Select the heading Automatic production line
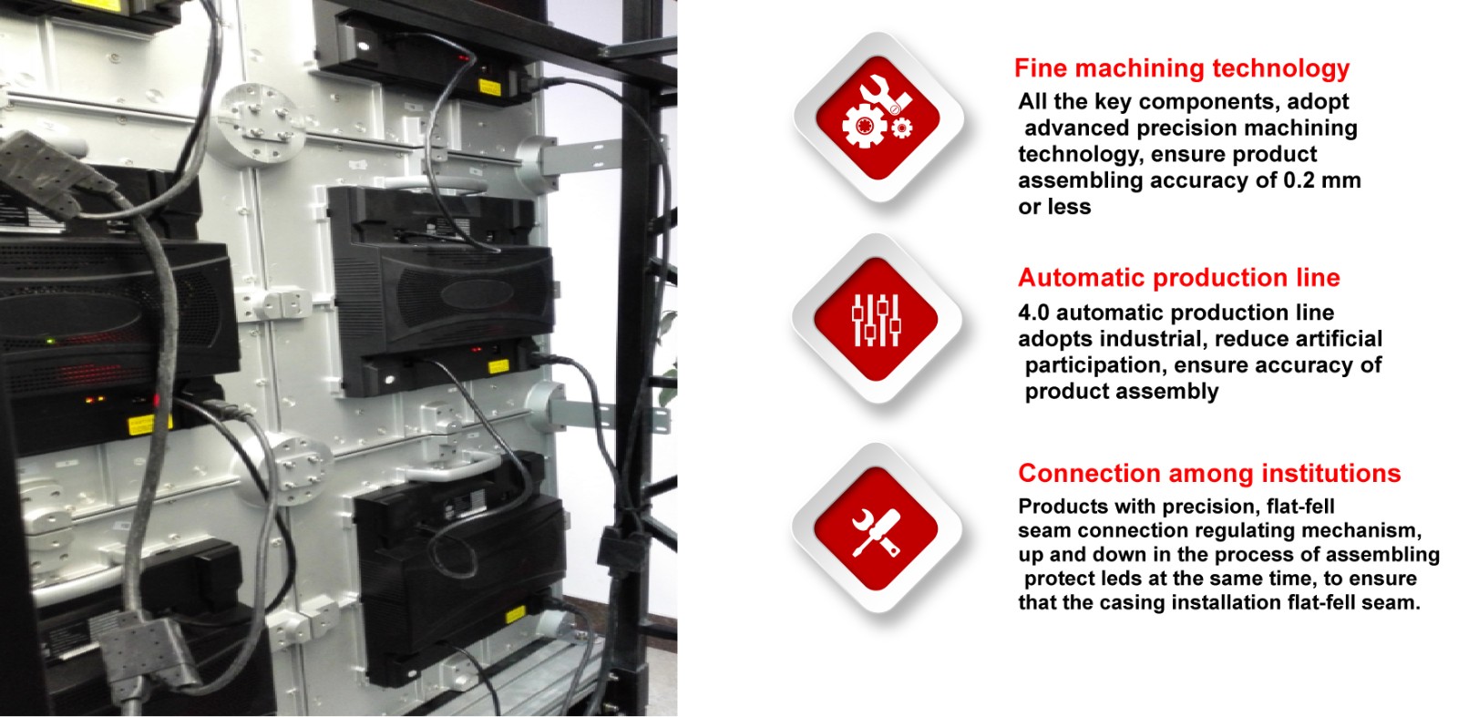1179,279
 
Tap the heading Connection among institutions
1209,474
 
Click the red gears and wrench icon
878,118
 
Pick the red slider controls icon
876,319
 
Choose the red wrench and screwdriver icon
876,528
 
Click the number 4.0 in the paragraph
1034,313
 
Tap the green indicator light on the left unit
50,341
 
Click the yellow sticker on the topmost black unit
489,87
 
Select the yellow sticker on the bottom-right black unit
516,615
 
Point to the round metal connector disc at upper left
261,124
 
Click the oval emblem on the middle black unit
478,295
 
